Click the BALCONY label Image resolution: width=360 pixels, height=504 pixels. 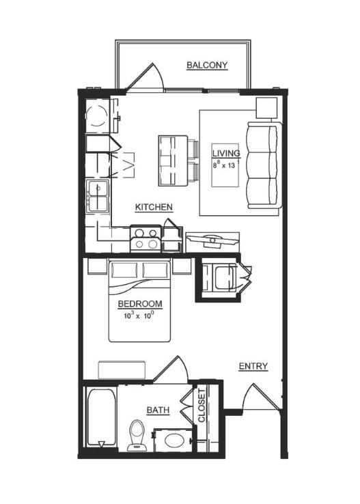point(207,66)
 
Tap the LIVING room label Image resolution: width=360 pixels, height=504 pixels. point(226,154)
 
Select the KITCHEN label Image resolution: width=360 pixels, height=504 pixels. point(154,207)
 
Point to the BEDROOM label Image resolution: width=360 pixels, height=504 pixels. point(140,304)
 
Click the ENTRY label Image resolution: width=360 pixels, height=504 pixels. point(253,366)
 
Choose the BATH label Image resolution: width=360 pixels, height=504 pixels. point(158,410)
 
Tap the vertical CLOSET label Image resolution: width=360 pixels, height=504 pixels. point(202,406)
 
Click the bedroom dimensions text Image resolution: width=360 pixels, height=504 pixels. point(139,316)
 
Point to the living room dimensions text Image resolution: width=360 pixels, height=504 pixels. point(225,165)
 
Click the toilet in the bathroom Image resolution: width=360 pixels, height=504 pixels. point(137,435)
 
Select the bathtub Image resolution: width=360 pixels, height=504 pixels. point(102,417)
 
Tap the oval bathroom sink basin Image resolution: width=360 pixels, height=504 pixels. point(174,440)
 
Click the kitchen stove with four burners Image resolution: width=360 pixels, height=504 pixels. point(146,238)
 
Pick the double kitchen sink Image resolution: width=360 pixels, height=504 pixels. point(98,197)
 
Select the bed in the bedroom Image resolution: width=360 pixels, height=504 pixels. point(139,301)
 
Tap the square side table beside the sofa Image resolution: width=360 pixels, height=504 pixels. point(266,108)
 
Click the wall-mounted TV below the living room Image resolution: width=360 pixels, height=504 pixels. point(212,241)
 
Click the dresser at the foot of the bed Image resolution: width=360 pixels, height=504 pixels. point(122,369)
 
